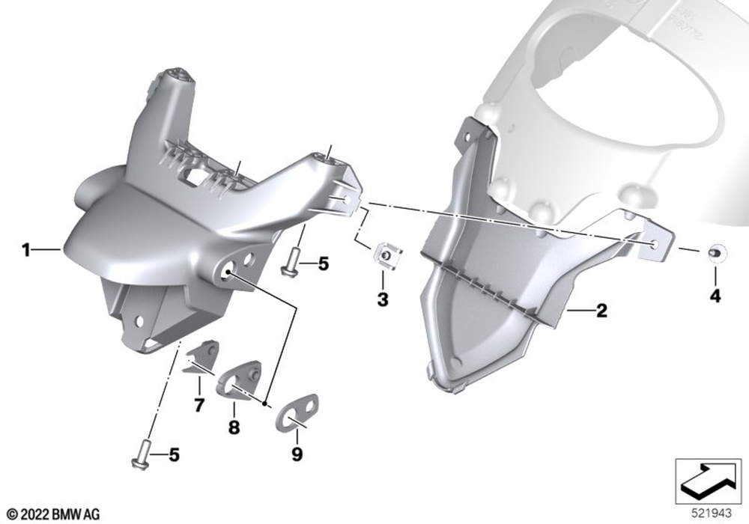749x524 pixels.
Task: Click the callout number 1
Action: coord(26,249)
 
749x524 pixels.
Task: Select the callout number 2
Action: coord(601,311)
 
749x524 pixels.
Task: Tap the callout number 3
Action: coord(383,300)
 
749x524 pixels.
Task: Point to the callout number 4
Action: coord(715,296)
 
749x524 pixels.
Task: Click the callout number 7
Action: coord(199,405)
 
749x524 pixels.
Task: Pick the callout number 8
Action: coord(234,427)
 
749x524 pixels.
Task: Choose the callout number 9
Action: coord(297,454)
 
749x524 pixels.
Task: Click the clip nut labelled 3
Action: coord(388,256)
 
